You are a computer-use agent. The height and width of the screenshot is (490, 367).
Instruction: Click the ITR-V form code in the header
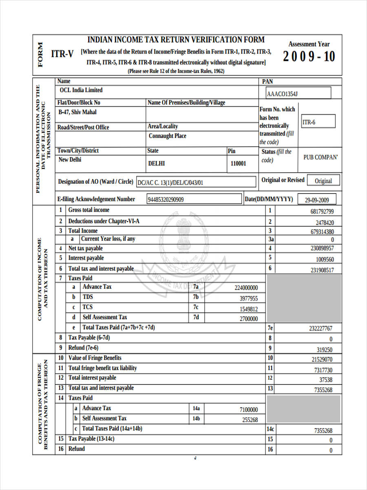[x=62, y=53]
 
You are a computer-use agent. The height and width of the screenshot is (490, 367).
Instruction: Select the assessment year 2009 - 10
[x=309, y=56]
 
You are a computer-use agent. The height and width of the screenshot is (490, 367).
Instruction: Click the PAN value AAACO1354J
[x=282, y=94]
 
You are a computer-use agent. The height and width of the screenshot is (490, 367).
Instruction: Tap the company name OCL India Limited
[x=81, y=90]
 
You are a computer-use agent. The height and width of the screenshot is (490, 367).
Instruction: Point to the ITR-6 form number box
[x=318, y=122]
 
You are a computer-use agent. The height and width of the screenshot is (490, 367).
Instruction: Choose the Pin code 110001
[x=239, y=163]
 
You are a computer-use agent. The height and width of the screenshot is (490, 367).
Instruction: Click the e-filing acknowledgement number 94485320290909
[x=166, y=200]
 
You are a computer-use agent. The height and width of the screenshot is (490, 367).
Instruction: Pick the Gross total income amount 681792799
[x=322, y=212]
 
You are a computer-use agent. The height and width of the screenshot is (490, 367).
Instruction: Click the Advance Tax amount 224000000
[x=246, y=288]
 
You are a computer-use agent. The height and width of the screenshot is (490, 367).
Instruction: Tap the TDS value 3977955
[x=248, y=298]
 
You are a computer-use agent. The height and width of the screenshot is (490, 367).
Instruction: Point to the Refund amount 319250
[x=324, y=350]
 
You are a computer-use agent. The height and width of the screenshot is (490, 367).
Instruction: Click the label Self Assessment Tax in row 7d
[x=105, y=317]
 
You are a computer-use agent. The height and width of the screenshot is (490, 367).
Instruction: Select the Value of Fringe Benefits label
[x=95, y=358]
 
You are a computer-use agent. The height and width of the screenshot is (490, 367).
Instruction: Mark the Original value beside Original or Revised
[x=323, y=181]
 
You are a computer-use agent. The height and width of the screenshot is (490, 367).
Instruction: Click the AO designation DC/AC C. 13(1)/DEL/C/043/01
[x=170, y=183]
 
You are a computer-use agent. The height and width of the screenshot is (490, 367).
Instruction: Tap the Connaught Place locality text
[x=168, y=136]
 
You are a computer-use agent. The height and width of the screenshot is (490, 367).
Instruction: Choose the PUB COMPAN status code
[x=321, y=157]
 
